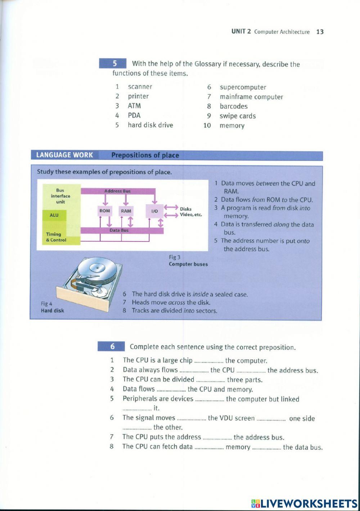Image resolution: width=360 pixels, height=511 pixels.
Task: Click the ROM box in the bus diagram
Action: [x=105, y=211]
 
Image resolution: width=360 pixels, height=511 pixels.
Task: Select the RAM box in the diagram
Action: [x=126, y=211]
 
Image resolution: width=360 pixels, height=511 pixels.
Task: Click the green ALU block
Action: [x=54, y=215]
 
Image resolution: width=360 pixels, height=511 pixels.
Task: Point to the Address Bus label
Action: [x=117, y=191]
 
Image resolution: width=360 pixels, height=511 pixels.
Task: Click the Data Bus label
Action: [x=119, y=230]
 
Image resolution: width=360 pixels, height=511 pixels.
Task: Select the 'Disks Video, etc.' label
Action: [x=191, y=212]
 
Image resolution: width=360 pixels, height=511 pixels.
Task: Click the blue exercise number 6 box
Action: [x=112, y=346]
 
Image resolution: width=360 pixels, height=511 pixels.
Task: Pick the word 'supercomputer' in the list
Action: [x=243, y=87]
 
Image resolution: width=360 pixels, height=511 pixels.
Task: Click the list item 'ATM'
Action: [x=134, y=106]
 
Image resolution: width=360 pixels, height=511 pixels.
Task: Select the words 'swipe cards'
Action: [x=238, y=116]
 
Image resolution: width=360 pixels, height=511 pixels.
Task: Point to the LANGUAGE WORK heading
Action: [x=64, y=155]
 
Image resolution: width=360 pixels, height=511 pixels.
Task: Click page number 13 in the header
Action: [x=320, y=32]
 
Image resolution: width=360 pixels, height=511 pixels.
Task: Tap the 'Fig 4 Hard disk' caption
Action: [x=53, y=307]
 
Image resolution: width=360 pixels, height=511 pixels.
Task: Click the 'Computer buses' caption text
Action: [x=188, y=264]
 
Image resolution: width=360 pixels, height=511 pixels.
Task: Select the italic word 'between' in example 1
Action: [x=267, y=183]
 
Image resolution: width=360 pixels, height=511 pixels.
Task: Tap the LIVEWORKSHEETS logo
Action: [x=305, y=503]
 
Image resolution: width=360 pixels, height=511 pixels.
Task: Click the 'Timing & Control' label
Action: [x=56, y=237]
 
